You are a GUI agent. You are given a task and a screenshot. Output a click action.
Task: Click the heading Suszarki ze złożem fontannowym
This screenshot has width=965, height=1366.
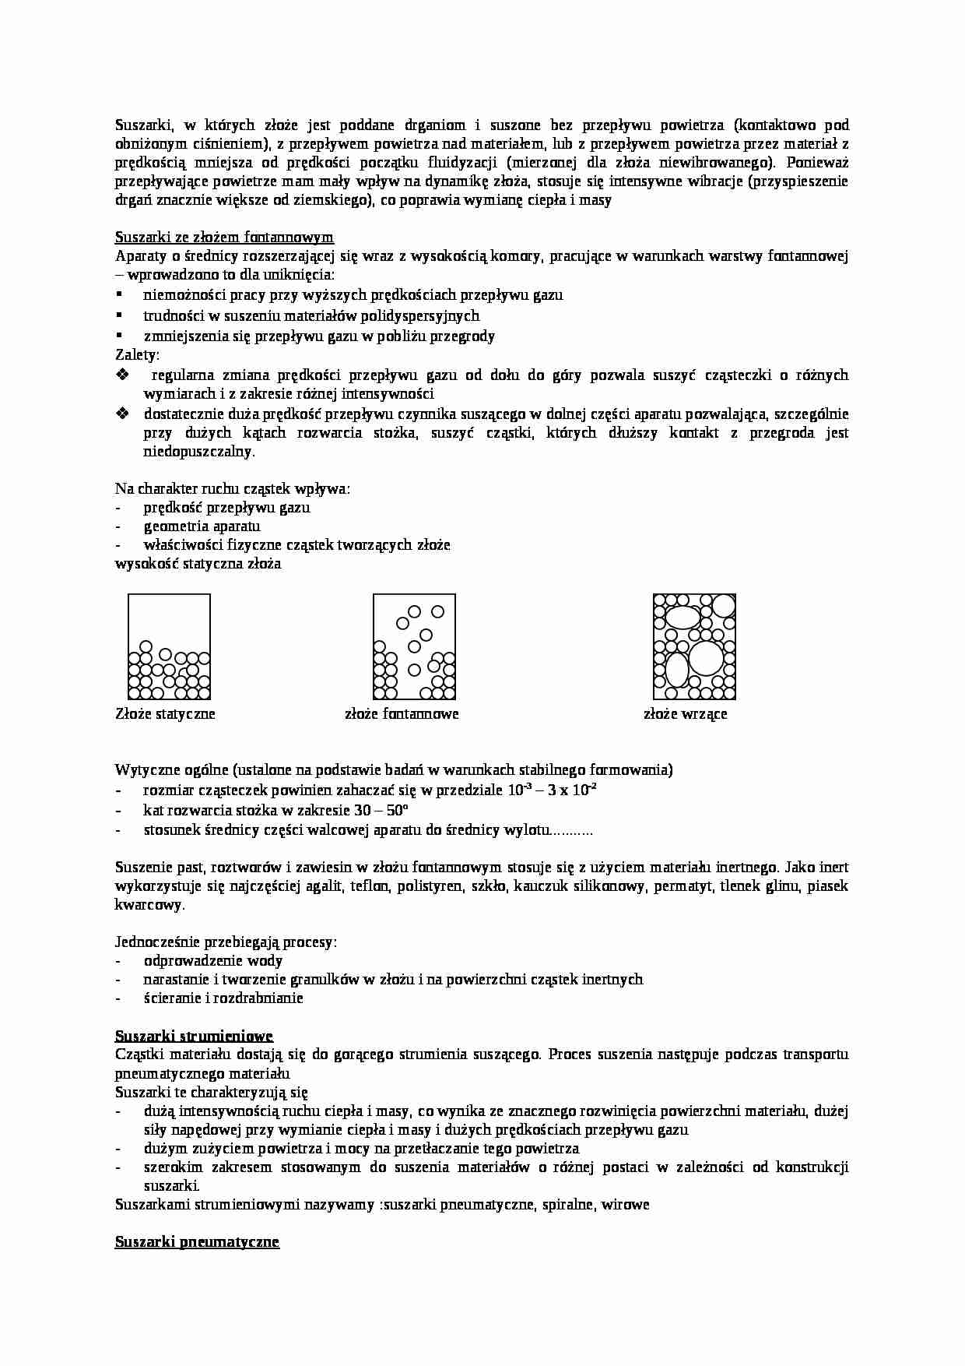224,238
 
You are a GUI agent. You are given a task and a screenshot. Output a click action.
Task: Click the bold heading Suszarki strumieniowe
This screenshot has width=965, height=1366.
194,1036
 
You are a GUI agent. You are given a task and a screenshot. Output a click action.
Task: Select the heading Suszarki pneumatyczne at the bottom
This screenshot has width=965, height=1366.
197,1242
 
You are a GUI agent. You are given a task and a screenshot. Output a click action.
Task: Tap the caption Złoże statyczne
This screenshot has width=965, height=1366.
165,714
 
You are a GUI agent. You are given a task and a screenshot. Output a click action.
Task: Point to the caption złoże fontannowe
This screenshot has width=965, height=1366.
402,714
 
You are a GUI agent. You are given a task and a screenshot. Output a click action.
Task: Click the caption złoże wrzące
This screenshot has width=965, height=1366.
685,714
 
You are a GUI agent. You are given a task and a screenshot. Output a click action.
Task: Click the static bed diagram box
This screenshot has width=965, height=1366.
170,646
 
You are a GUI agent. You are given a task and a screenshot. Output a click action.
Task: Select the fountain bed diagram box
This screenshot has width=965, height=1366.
414,646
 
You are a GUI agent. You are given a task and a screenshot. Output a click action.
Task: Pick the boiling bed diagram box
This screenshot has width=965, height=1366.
694,646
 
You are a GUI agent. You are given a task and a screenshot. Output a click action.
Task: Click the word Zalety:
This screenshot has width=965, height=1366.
137,355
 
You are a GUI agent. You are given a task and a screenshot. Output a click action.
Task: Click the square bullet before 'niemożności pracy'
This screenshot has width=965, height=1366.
120,295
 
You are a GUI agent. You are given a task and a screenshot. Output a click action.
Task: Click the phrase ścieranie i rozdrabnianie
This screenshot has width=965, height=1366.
223,998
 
